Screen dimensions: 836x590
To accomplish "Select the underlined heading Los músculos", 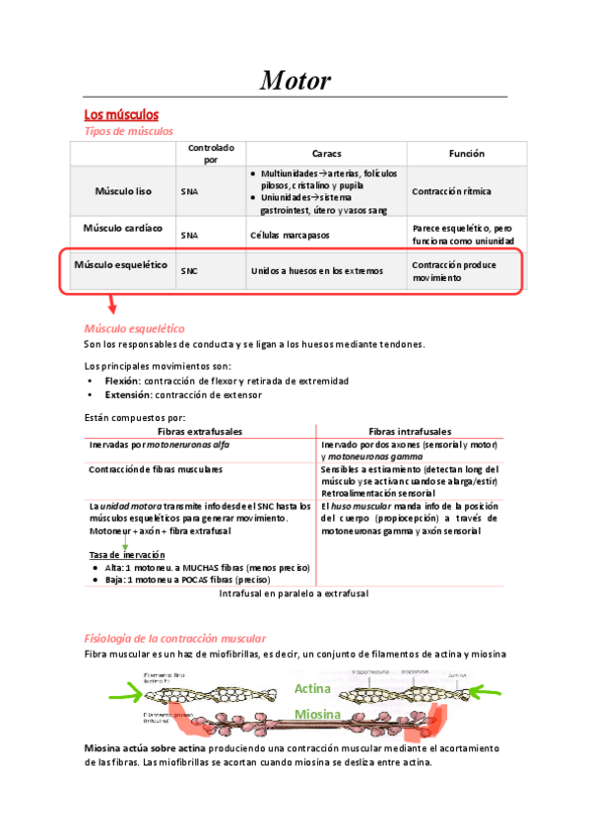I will coord(122,115).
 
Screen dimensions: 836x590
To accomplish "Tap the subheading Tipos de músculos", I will coord(129,131).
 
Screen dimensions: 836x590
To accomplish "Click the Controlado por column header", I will coord(211,153).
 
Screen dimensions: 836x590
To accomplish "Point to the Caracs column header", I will coord(327,154).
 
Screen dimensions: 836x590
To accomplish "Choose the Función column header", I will coord(467,154).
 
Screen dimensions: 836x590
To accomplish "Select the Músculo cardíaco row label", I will coord(123,229).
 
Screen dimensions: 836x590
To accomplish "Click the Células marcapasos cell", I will coord(291,236).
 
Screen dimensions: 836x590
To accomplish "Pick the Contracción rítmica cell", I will coord(451,191).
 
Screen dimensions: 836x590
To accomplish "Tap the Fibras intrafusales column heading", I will coord(410,431).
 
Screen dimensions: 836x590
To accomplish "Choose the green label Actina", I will coord(315,689).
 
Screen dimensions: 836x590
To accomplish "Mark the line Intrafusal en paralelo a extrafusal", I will coord(293,594).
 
